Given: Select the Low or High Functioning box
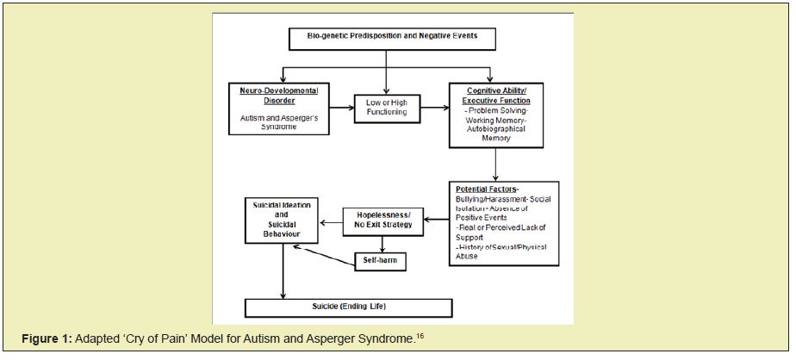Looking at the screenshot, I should tap(386, 107).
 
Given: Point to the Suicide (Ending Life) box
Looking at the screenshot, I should tap(348, 307).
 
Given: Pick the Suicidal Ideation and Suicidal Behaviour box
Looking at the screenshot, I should tap(281, 220).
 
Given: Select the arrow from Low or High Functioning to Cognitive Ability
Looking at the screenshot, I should tap(432, 107).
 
